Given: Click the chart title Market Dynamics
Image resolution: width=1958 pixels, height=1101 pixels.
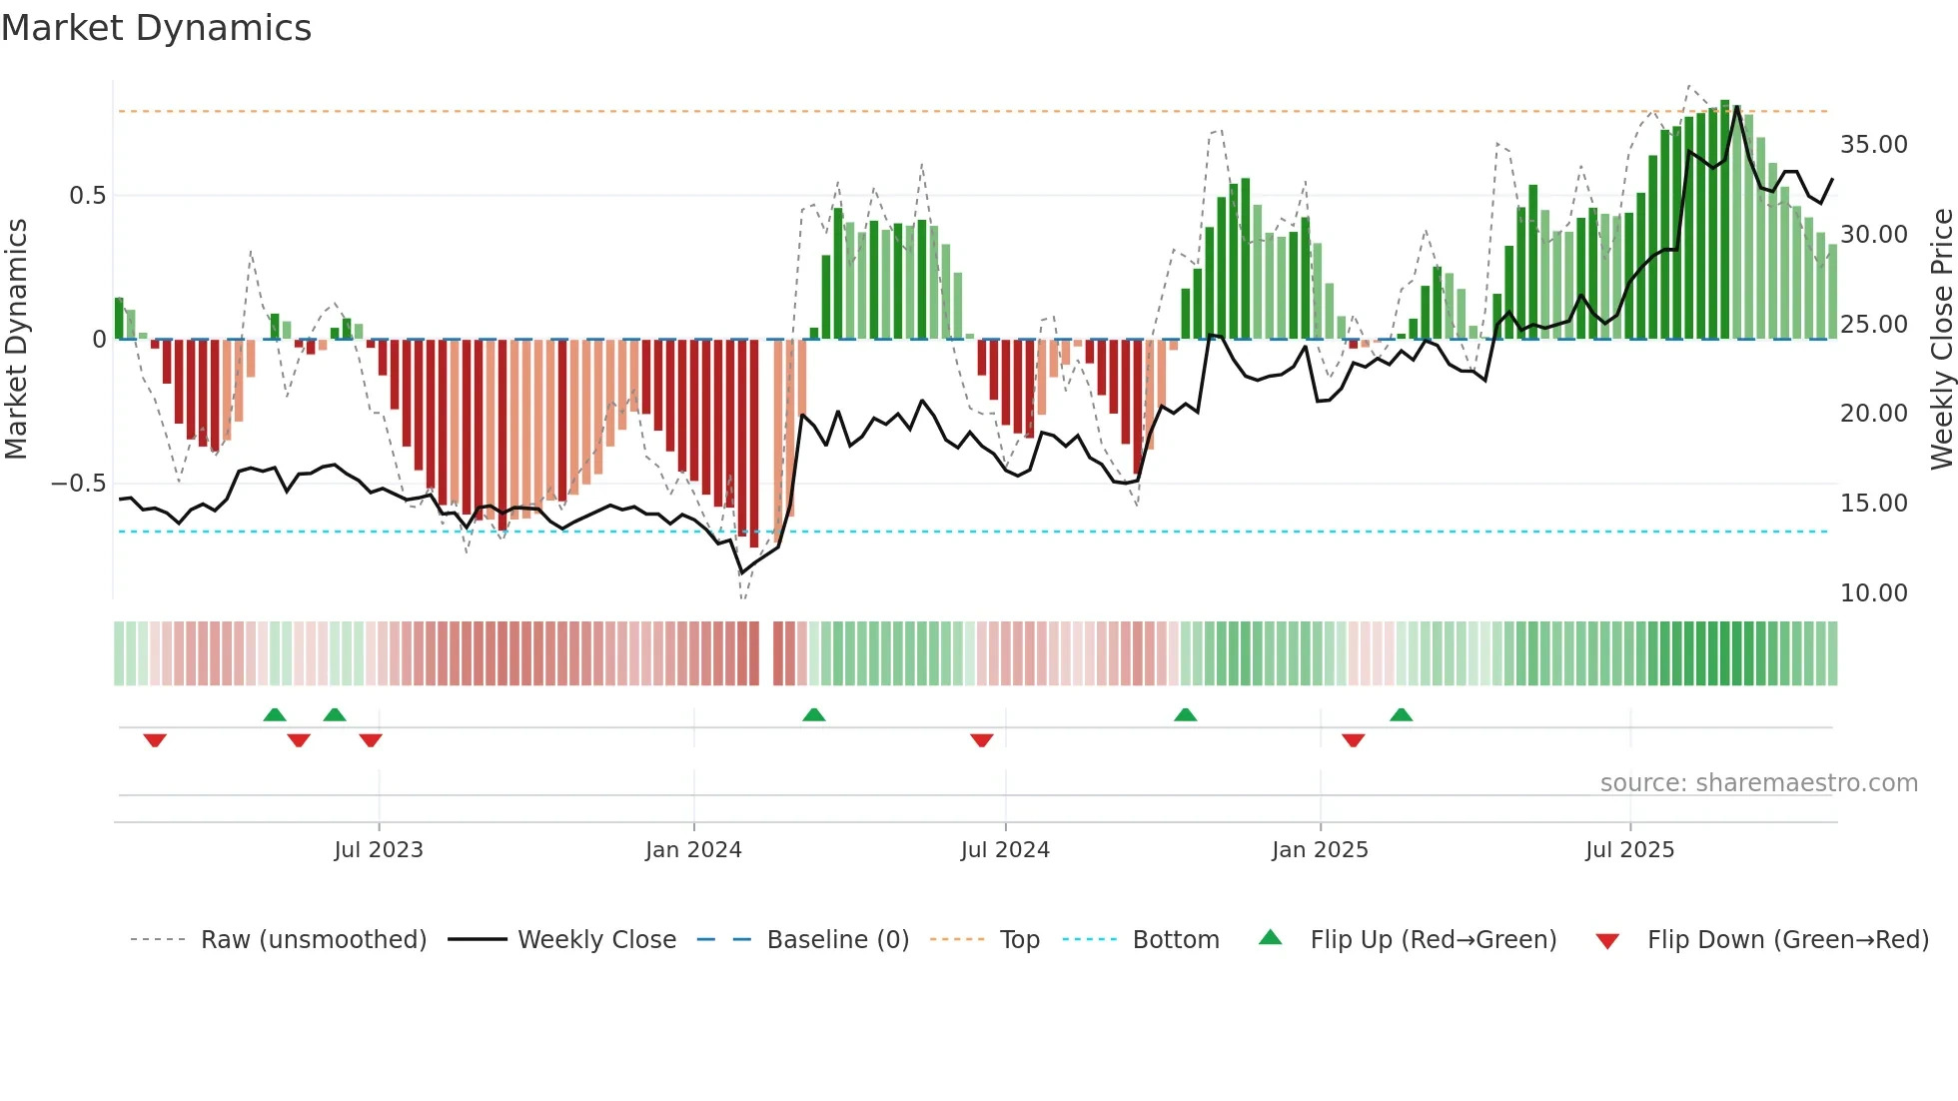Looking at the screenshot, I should pos(157,28).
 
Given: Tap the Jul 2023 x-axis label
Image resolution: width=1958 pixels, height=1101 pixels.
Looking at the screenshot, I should pos(379,850).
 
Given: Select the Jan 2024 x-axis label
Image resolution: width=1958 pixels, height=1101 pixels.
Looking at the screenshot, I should pos(693,850).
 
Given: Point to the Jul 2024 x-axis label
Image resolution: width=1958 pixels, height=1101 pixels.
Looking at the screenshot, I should pos(1005,850).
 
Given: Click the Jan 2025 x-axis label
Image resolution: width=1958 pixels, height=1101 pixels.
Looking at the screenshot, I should pos(1320,850).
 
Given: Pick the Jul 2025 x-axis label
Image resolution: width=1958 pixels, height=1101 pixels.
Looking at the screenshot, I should pos(1629,850).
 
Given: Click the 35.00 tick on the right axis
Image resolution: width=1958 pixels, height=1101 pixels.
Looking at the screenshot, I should pos(1873,145).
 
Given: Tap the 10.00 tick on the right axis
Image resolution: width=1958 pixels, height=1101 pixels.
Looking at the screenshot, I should pos(1873,593).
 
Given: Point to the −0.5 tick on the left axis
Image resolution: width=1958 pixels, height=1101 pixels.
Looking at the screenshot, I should pos(79,484).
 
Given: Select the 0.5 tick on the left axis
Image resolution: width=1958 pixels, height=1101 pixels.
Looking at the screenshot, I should pos(87,196).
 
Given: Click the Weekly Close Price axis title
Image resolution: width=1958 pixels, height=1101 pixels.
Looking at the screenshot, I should pos(1941,340).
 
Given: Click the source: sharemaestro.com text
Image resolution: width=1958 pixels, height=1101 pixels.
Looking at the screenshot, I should pos(1758,783).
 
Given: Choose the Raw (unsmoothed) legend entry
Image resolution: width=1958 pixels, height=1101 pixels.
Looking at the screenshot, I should pos(313,940).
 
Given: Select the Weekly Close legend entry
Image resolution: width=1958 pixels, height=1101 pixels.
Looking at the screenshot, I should pos(596,940).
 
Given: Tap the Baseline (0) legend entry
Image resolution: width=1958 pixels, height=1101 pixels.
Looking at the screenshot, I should pos(837,940).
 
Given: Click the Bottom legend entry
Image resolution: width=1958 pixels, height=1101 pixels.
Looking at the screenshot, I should pos(1175,940).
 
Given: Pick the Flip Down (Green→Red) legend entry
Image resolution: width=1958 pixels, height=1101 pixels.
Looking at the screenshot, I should pos(1787,940).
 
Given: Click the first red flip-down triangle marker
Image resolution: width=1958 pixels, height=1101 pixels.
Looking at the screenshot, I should pos(155,740).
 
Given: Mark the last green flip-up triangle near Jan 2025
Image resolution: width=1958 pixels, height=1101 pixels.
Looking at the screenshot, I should pos(1401,714).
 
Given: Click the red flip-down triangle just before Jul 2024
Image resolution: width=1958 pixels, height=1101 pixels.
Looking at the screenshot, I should pos(981,740).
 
